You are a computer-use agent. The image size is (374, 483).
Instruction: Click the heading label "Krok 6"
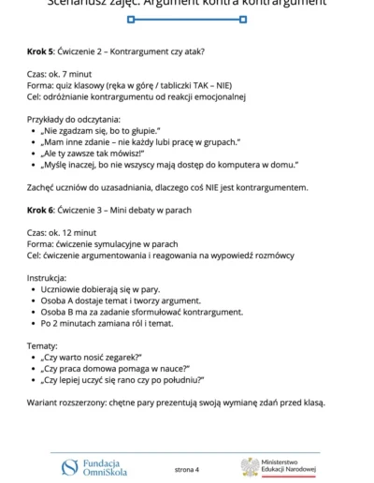pos(43,211)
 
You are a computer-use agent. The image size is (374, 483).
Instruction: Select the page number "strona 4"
pos(187,468)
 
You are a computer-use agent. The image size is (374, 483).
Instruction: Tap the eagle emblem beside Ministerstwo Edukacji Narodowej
pos(250,466)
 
